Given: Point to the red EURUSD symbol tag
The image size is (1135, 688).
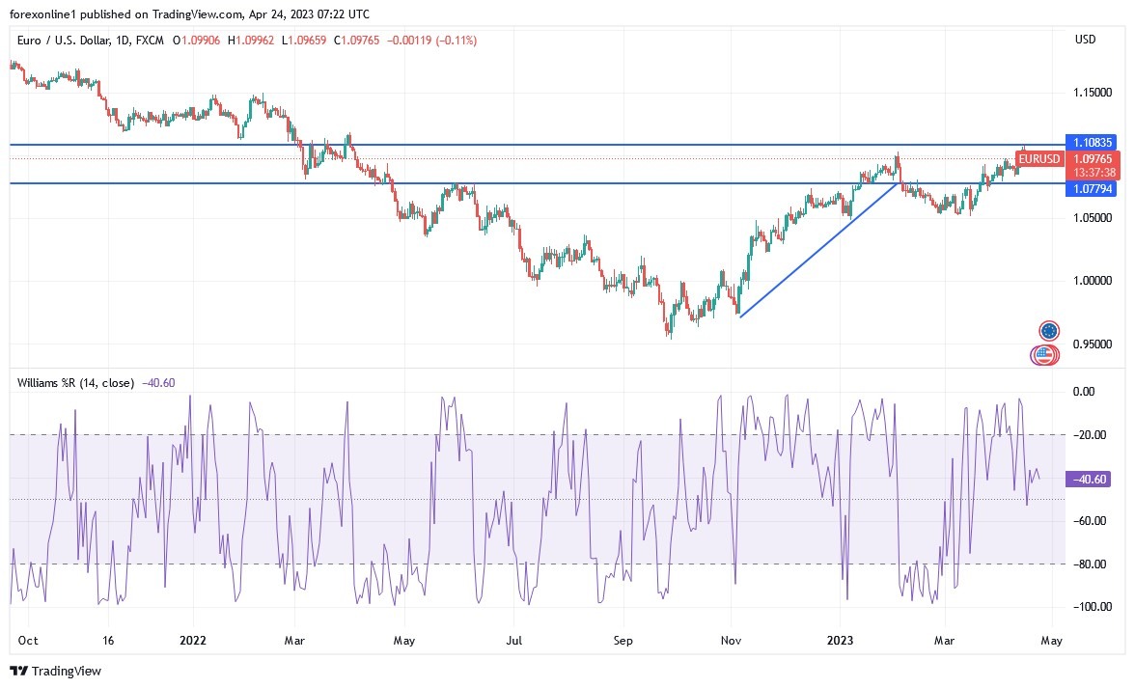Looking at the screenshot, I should (x=1039, y=159).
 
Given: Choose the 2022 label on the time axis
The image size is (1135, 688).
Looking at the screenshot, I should (x=193, y=640).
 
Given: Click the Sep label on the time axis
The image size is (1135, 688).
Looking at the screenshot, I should (x=623, y=640).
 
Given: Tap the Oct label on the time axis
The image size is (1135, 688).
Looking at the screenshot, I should (x=28, y=640).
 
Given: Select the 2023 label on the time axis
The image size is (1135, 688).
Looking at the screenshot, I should (x=840, y=640).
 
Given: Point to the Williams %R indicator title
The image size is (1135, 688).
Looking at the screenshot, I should (x=75, y=382).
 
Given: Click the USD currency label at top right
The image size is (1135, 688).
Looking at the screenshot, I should (x=1085, y=40).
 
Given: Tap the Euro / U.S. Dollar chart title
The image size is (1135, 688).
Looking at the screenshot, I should (x=92, y=40).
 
